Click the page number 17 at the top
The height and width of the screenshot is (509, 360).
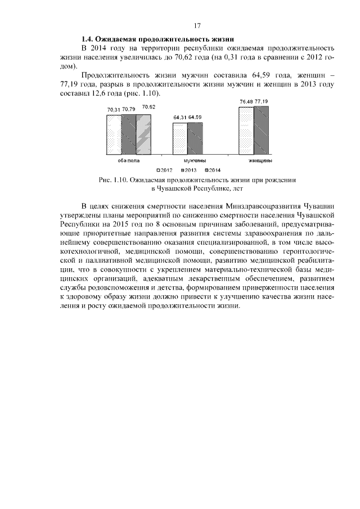point(197,25)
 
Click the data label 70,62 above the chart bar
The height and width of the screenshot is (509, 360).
point(149,107)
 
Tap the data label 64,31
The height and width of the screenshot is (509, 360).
point(181,118)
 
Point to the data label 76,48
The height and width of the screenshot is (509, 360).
point(246,101)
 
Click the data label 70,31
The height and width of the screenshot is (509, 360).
point(114,109)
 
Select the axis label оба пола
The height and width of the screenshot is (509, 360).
point(129,160)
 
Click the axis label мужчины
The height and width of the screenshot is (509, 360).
point(195,160)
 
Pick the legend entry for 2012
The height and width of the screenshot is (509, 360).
point(164,169)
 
